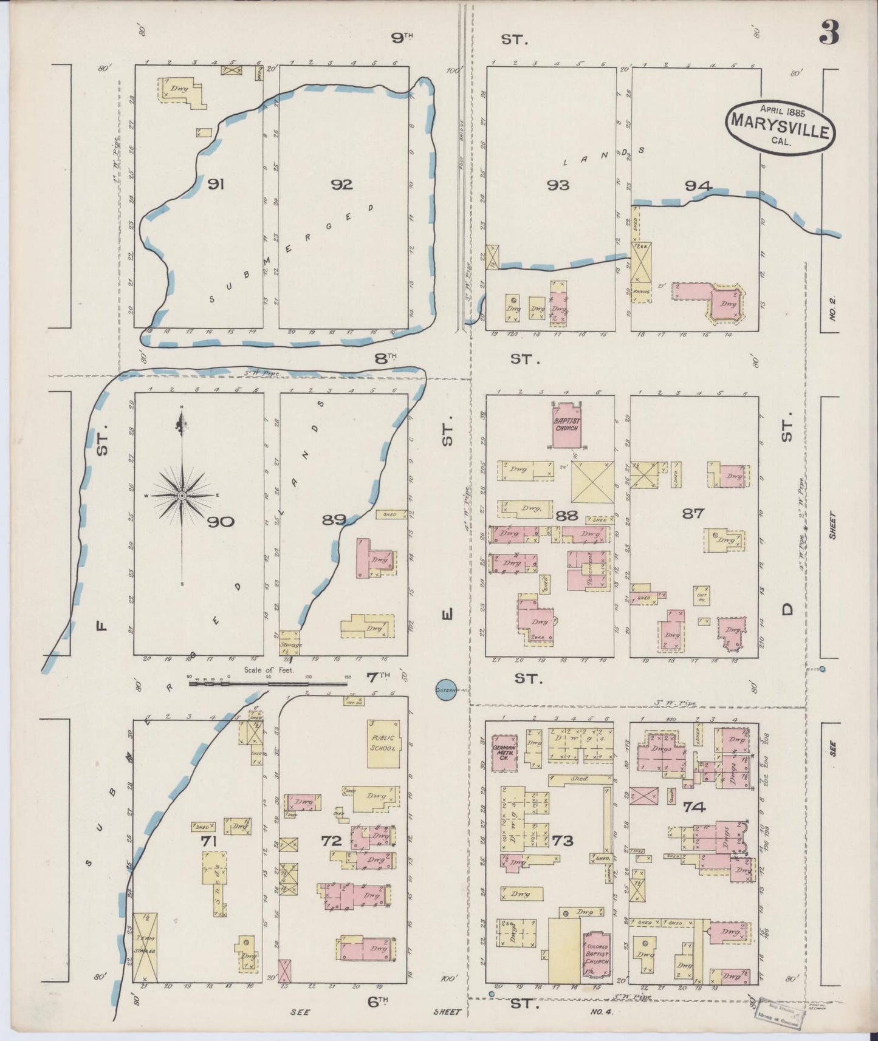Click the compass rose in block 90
182,496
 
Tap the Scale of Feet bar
269,683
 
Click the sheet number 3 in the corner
829,33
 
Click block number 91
215,184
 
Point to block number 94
698,186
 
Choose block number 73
563,841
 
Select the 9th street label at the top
401,38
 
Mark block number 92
341,185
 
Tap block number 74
694,807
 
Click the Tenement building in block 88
588,570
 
